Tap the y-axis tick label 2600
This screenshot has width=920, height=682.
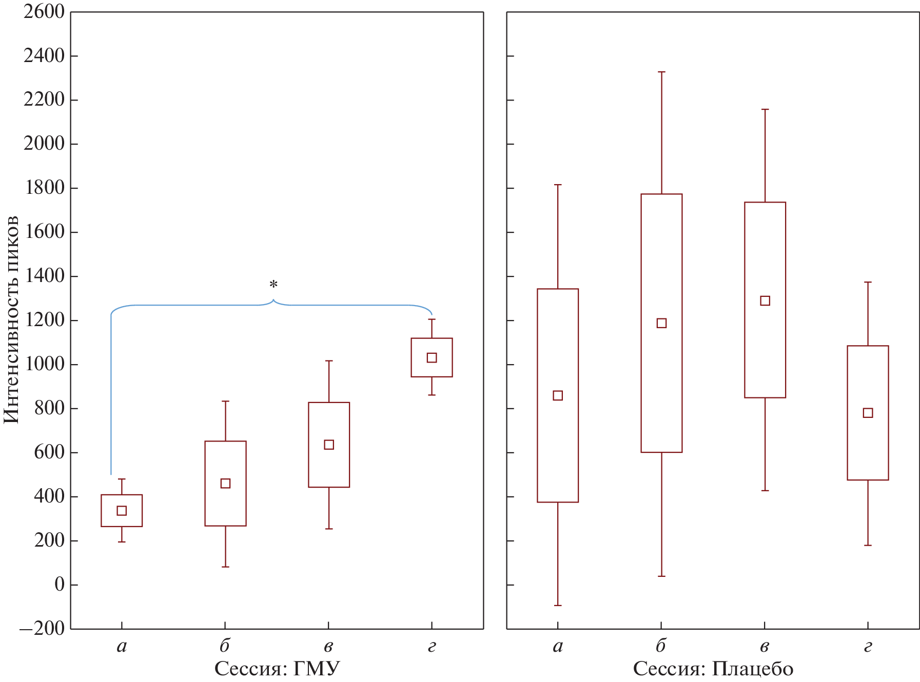[44, 11]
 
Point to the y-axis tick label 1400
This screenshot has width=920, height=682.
[44, 276]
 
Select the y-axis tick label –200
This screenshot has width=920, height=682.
[42, 628]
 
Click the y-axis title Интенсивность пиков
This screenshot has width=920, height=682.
[11, 319]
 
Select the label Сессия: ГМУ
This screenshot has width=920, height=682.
[277, 669]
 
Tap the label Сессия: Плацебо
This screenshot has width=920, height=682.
[713, 669]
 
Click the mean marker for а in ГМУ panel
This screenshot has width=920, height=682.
[122, 511]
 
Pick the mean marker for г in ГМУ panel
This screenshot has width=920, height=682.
[432, 357]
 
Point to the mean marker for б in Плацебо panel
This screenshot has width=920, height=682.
[661, 323]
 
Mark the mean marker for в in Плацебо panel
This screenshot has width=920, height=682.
[765, 300]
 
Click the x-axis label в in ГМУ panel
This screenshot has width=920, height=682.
[328, 647]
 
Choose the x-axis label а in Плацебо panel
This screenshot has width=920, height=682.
[558, 647]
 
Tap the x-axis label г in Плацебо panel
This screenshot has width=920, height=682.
[868, 647]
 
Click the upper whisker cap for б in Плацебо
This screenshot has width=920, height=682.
[661, 72]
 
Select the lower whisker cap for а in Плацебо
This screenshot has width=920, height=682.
[558, 606]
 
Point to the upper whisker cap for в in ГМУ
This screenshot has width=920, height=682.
[329, 361]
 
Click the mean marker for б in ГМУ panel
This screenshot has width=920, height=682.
[225, 484]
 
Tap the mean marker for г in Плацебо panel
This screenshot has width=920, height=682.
[868, 413]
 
